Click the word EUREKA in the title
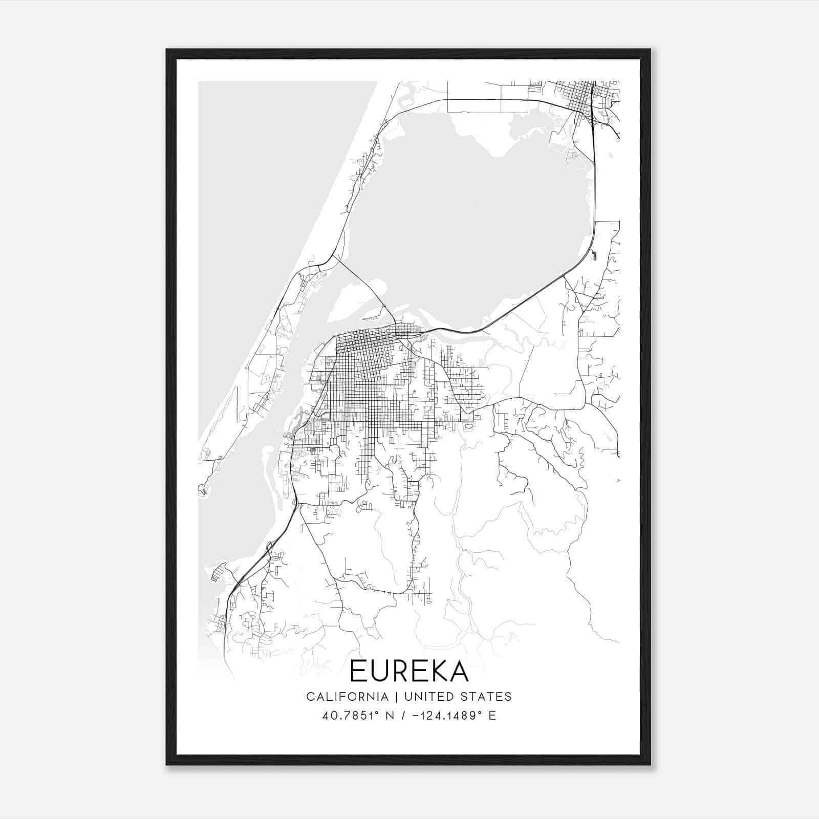click(409, 671)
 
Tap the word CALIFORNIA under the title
click(347, 697)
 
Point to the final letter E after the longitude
click(492, 716)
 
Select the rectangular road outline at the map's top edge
click(486, 97)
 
